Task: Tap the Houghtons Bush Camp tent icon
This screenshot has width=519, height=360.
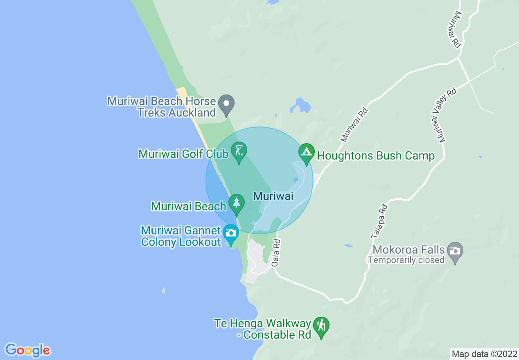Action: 306,153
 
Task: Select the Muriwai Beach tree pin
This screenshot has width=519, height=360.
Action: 236,202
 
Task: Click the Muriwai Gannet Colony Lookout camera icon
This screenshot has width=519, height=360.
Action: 231,233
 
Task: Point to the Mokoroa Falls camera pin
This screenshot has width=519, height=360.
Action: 455,250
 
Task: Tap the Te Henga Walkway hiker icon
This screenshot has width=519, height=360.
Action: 321,326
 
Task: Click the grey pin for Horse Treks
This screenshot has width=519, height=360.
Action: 226,103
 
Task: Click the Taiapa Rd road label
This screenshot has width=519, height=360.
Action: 379,221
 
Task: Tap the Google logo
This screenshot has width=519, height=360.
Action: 28,350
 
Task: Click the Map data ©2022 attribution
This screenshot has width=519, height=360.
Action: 484,353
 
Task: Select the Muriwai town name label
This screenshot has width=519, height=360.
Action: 273,196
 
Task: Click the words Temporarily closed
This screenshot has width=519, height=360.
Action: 406,260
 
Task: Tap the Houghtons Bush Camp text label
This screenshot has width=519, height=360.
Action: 376,156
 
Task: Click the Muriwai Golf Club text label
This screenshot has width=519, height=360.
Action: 183,154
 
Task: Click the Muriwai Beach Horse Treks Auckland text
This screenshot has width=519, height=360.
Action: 162,107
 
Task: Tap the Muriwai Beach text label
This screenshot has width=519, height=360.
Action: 189,206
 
